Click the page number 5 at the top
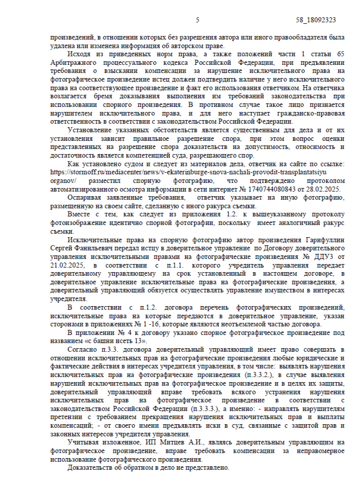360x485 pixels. pos(197,20)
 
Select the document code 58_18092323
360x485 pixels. pos(316,20)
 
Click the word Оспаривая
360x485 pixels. pos(85,197)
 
